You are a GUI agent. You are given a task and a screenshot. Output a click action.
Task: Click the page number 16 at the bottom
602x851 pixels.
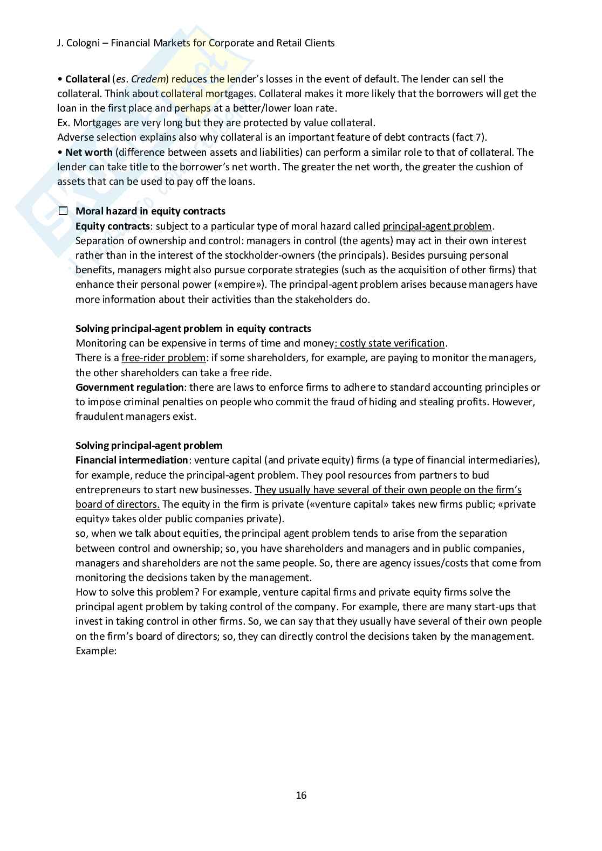(301, 795)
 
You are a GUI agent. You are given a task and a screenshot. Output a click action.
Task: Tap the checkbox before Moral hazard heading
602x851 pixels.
(63, 211)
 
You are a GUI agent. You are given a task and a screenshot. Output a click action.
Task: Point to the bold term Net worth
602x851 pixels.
(89, 153)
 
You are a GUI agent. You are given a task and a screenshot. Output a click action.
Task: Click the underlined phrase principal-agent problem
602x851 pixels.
(437, 226)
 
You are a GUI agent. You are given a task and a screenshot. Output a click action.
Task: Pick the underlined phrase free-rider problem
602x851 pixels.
(163, 358)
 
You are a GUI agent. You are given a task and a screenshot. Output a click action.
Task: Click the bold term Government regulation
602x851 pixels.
(129, 388)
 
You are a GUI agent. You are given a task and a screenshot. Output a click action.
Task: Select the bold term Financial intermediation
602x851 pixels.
(132, 460)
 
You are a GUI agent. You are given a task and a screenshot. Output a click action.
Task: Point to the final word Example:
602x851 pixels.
(96, 651)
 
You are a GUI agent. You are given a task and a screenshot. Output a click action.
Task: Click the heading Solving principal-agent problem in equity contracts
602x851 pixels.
(193, 329)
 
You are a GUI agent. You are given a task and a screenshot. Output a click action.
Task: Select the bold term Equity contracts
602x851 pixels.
(112, 226)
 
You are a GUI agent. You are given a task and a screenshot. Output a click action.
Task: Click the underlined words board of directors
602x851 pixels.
(118, 504)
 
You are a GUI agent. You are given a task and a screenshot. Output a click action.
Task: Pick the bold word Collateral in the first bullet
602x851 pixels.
(87, 79)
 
